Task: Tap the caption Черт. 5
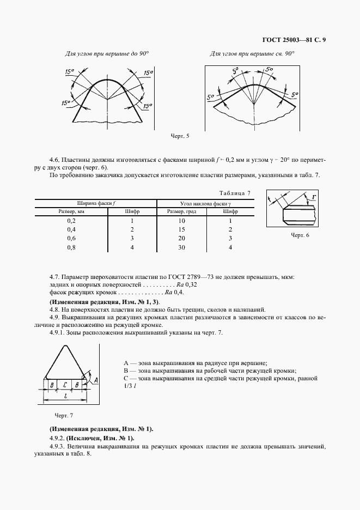[x=180, y=136]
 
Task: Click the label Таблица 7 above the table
[x=234, y=193]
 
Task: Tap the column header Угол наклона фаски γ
[x=204, y=203]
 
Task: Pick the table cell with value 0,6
[x=71, y=238]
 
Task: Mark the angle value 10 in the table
[x=182, y=221]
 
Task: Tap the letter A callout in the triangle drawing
[x=96, y=379]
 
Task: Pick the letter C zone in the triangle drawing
[x=65, y=384]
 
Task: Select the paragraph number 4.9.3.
[x=59, y=446]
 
